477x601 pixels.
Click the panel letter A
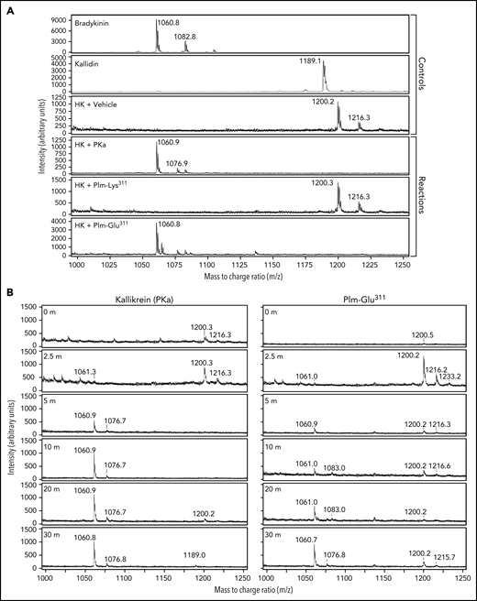7,6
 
